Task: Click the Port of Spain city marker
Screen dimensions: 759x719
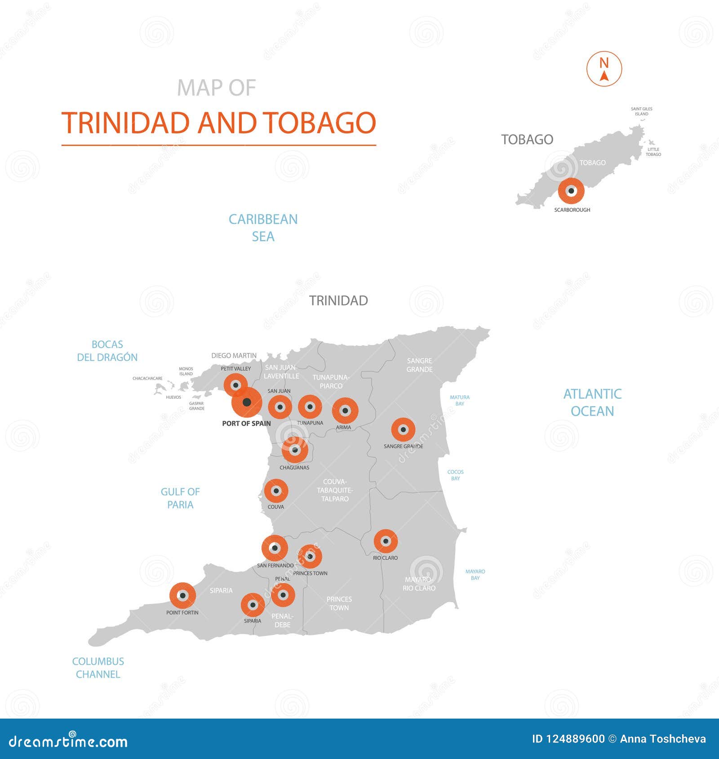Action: (x=247, y=402)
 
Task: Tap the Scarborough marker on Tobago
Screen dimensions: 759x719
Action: (x=571, y=190)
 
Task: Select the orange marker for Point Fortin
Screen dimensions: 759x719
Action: (x=182, y=596)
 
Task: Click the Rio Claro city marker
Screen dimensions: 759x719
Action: (x=386, y=541)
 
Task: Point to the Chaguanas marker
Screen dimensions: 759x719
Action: (x=295, y=450)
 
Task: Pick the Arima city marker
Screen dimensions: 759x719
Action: (x=345, y=410)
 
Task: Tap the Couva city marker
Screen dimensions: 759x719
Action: (x=276, y=491)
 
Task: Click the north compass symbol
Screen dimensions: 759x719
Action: (x=604, y=69)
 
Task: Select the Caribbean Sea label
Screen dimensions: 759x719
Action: (x=263, y=228)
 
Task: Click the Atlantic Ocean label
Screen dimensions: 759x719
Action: (x=592, y=402)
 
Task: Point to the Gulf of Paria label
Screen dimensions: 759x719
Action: (x=180, y=498)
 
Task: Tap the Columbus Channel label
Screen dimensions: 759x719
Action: (x=98, y=667)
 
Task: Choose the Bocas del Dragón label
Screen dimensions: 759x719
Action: (x=107, y=351)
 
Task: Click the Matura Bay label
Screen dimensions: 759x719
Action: (x=460, y=400)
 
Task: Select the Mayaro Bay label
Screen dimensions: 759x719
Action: (x=475, y=574)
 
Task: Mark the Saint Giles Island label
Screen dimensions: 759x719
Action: (x=641, y=111)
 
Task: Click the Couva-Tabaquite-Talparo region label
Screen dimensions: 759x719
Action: (x=335, y=490)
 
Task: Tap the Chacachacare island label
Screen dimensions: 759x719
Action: (x=147, y=379)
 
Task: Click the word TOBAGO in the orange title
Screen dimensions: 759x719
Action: (x=319, y=123)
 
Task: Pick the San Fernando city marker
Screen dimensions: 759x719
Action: (x=275, y=548)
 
